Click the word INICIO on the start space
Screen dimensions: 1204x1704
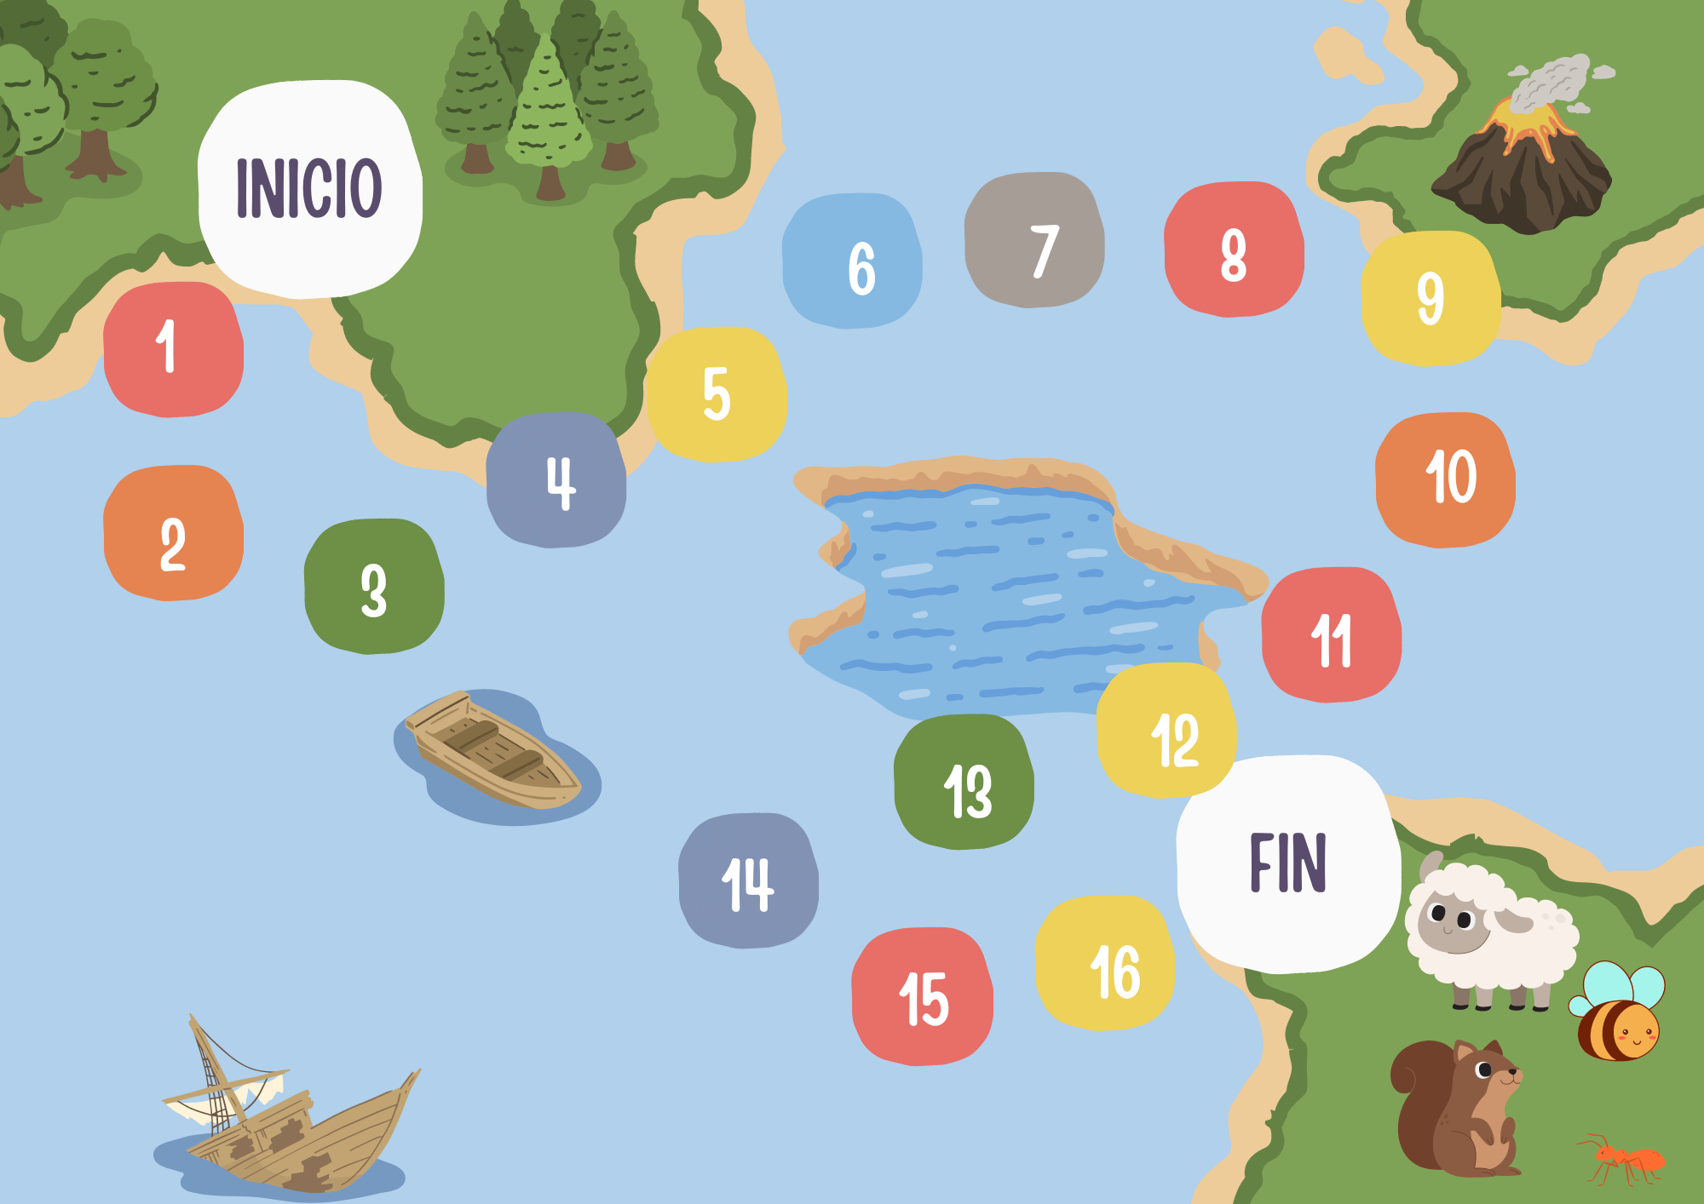308,188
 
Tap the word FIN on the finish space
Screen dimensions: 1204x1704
1287,863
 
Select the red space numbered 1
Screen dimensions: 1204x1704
173,349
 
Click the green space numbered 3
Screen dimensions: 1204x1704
374,587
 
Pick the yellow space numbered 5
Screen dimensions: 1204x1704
716,394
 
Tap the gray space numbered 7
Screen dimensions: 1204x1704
1034,241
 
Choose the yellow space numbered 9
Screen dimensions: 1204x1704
1430,298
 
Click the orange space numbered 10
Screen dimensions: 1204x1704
1445,479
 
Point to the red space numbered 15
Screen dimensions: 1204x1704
922,996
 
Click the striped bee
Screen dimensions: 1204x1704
1617,1018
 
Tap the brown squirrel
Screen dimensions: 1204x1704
1457,1107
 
